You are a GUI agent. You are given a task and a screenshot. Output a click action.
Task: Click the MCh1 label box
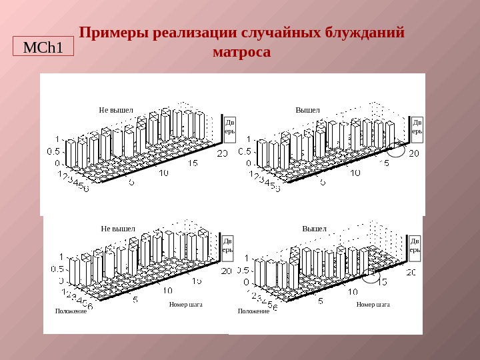pyautogui.click(x=43, y=47)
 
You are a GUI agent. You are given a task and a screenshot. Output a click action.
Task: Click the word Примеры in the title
pyautogui.click(x=113, y=33)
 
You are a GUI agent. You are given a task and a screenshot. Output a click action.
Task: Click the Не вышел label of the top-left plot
pyautogui.click(x=116, y=110)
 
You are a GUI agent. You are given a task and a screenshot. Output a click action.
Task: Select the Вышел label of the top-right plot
pyautogui.click(x=308, y=110)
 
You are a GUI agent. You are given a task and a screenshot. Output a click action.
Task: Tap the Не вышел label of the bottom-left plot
pyautogui.click(x=118, y=229)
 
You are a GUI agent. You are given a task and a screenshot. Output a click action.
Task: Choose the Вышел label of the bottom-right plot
pyautogui.click(x=315, y=229)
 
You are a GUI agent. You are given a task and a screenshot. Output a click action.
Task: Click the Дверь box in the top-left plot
pyautogui.click(x=229, y=127)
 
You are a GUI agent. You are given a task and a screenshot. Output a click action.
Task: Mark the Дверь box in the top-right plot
pyautogui.click(x=417, y=127)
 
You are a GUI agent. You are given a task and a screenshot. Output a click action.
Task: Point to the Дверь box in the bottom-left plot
pyautogui.click(x=227, y=246)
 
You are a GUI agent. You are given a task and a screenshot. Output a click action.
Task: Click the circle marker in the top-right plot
pyautogui.click(x=395, y=150)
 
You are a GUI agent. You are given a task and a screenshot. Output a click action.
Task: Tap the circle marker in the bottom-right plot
pyautogui.click(x=371, y=275)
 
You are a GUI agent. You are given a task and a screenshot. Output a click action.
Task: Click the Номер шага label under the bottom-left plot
pyautogui.click(x=186, y=305)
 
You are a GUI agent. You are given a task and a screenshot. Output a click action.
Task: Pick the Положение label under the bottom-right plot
pyautogui.click(x=253, y=311)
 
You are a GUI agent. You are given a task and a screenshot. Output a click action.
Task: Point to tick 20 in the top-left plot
pyautogui.click(x=223, y=153)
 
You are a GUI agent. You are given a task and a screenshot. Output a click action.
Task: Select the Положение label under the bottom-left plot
pyautogui.click(x=71, y=311)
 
